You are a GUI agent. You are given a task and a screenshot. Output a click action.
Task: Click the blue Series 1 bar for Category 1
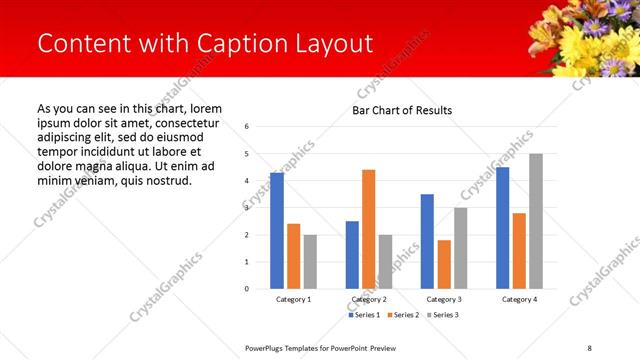click(277, 231)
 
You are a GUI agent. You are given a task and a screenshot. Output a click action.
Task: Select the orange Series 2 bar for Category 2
click(368, 229)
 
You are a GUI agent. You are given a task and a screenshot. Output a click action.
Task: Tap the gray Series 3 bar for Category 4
click(536, 221)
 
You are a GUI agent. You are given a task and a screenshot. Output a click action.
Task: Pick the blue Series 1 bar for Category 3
click(427, 241)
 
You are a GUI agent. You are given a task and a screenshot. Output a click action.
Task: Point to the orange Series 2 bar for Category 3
click(444, 264)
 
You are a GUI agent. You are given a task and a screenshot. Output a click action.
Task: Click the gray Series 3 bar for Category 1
click(310, 262)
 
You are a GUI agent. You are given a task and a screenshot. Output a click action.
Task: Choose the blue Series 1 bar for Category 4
click(503, 228)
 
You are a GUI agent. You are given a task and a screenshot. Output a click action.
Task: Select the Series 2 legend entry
click(402, 315)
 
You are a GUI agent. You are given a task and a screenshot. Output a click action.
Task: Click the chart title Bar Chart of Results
click(402, 110)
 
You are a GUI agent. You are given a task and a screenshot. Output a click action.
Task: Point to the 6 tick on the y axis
click(247, 127)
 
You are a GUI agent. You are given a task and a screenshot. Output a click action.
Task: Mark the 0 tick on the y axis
click(247, 289)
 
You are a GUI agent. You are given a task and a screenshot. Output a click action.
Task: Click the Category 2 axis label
click(368, 300)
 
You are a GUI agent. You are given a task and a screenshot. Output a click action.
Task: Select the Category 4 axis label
click(519, 300)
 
